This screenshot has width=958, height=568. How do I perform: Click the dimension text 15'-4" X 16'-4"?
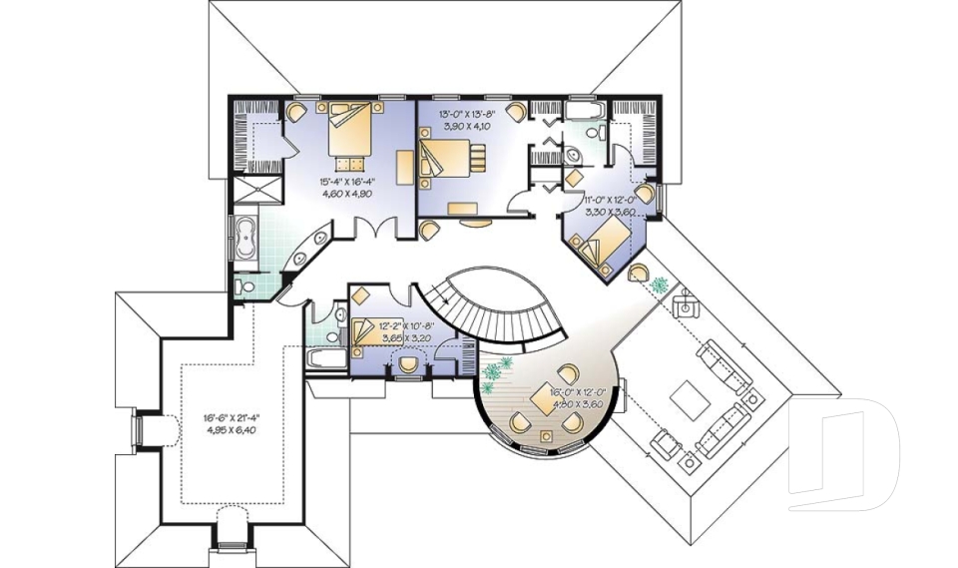tap(346, 188)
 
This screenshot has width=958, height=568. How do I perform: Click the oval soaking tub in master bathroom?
tap(245, 240)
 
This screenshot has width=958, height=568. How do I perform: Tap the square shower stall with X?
tap(256, 189)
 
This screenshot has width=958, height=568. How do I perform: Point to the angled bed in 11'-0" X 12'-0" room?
tap(602, 243)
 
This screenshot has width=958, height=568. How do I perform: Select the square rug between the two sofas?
tap(688, 400)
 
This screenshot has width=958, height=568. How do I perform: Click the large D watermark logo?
tap(843, 455)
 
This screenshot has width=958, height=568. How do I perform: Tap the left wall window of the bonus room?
tap(141, 430)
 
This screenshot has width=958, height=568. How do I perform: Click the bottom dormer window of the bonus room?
tap(231, 529)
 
